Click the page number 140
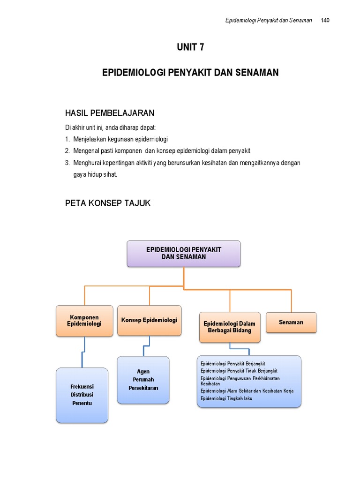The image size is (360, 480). point(325,20)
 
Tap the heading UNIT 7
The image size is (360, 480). point(190,47)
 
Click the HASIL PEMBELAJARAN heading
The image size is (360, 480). point(110,113)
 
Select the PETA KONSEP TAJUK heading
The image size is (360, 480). point(108,203)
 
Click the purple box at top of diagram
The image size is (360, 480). point(184,254)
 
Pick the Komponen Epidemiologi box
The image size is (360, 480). point(84,321)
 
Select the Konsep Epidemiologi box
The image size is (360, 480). point(150,320)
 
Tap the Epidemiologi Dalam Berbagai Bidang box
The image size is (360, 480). point(230,327)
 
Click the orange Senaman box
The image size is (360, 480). point(291,322)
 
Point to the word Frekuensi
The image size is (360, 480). point(82,387)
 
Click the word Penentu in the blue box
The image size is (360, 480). point(82,403)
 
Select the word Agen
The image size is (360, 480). point(143,372)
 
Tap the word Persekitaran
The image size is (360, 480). point(143,388)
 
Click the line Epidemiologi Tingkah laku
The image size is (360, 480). point(226,398)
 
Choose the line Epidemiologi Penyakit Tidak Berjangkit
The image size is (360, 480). point(239,371)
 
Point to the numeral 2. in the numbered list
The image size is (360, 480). point(67,151)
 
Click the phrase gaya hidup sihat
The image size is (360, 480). point(95,174)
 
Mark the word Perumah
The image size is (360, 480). point(143,380)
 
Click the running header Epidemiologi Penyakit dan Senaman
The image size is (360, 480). point(269,20)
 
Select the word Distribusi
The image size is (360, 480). point(82,395)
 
